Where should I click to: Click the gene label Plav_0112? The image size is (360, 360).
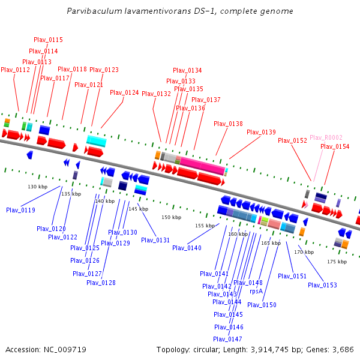point(15,70)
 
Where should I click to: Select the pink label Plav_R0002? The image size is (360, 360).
point(326,137)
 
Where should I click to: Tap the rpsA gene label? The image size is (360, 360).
point(256,291)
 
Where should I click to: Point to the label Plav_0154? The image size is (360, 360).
point(335,146)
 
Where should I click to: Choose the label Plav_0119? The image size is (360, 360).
point(20,210)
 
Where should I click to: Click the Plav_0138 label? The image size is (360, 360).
point(229,124)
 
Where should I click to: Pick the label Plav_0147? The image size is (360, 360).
point(229,339)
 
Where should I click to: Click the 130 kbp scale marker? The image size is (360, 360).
point(37,187)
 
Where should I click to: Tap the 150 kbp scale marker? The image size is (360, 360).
point(171,217)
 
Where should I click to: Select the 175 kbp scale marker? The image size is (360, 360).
point(337,262)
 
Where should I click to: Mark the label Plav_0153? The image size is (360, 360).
point(322,285)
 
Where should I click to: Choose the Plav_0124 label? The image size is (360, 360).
point(124,92)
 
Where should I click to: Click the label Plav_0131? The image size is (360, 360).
point(155,240)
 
